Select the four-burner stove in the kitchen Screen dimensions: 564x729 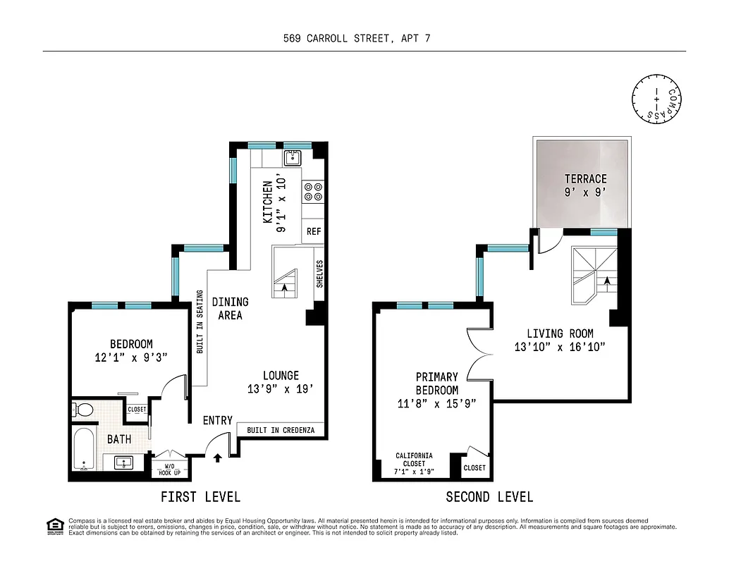tap(313, 192)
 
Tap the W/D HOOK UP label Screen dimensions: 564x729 tap(169, 469)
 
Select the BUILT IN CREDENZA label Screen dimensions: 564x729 tap(281, 430)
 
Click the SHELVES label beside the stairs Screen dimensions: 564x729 tap(319, 274)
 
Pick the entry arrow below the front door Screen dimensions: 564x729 tap(217, 458)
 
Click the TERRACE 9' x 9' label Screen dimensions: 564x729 tap(585, 185)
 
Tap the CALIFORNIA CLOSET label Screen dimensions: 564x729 tap(414, 462)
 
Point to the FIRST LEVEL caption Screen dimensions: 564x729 tap(200, 497)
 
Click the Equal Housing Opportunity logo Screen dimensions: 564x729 tap(54, 525)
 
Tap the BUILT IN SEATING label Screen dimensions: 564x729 tap(200, 321)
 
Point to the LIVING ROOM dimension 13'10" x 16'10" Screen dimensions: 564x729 tap(560, 347)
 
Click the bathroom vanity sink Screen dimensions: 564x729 tap(124, 463)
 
